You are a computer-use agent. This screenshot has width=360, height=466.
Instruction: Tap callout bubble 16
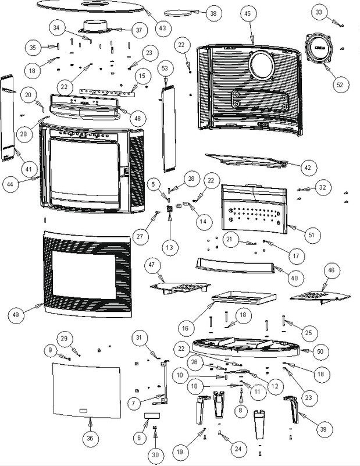point(185,328)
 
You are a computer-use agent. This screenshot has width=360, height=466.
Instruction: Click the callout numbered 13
point(169,247)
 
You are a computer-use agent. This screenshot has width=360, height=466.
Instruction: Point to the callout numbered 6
point(138,437)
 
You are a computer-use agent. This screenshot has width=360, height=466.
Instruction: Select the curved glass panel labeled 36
point(87,387)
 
